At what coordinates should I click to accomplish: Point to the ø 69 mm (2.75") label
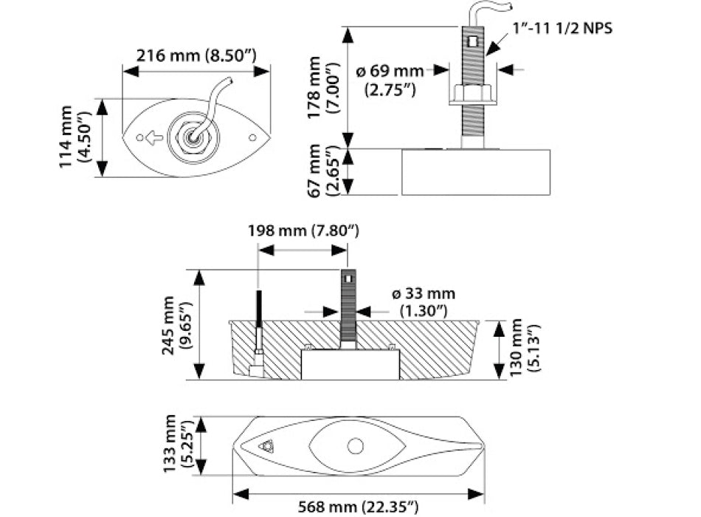(390, 80)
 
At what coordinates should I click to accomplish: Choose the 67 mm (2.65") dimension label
(323, 171)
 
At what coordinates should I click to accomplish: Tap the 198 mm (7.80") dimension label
(303, 231)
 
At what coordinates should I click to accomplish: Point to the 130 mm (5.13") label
(523, 349)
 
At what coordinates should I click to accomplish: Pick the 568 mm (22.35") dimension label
(359, 506)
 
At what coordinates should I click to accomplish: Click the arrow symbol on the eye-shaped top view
(153, 137)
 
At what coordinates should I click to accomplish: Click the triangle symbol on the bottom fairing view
(267, 446)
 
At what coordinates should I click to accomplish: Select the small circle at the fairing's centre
(356, 446)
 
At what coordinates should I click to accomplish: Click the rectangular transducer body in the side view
(476, 171)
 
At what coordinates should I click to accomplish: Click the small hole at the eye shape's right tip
(252, 137)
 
